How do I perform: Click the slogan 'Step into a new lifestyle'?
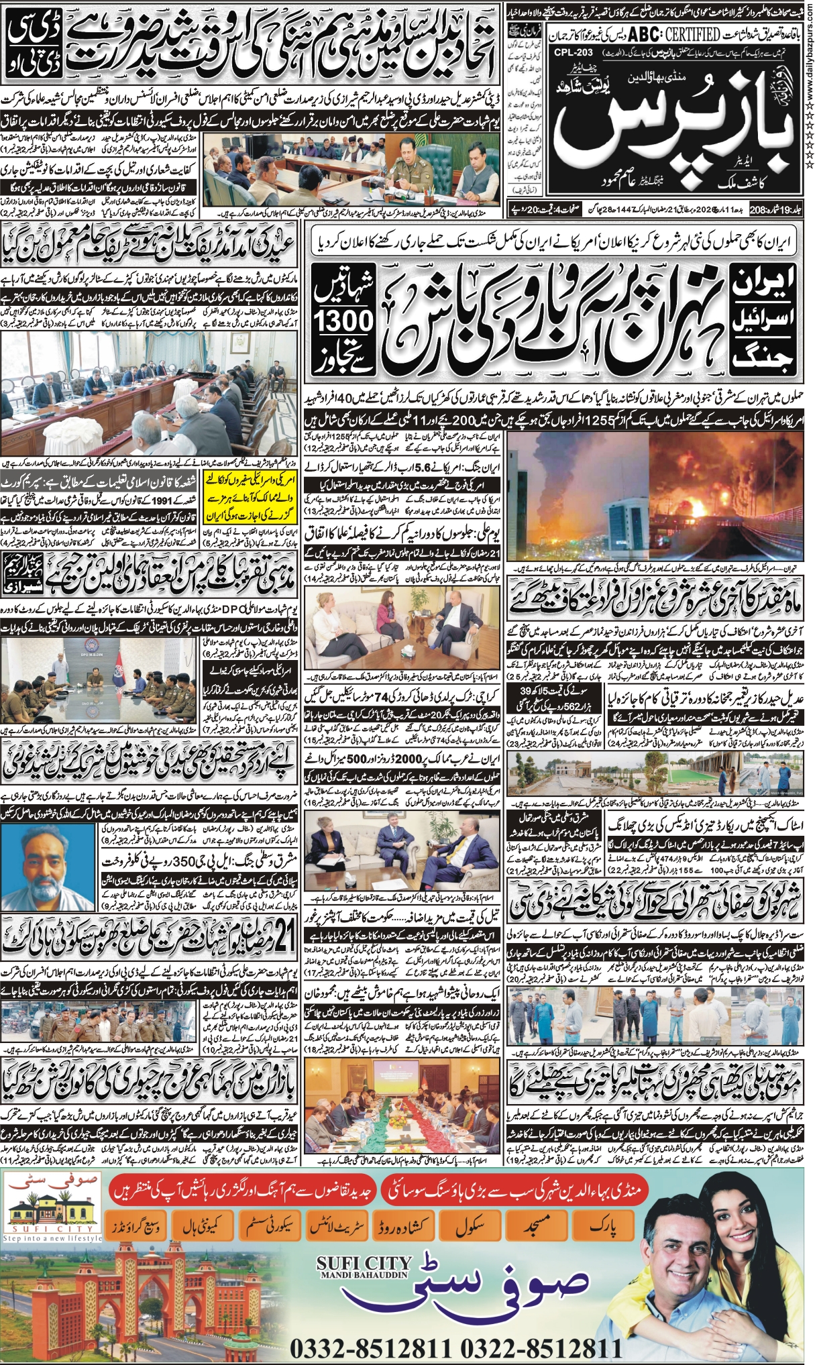[x=52, y=1238]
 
